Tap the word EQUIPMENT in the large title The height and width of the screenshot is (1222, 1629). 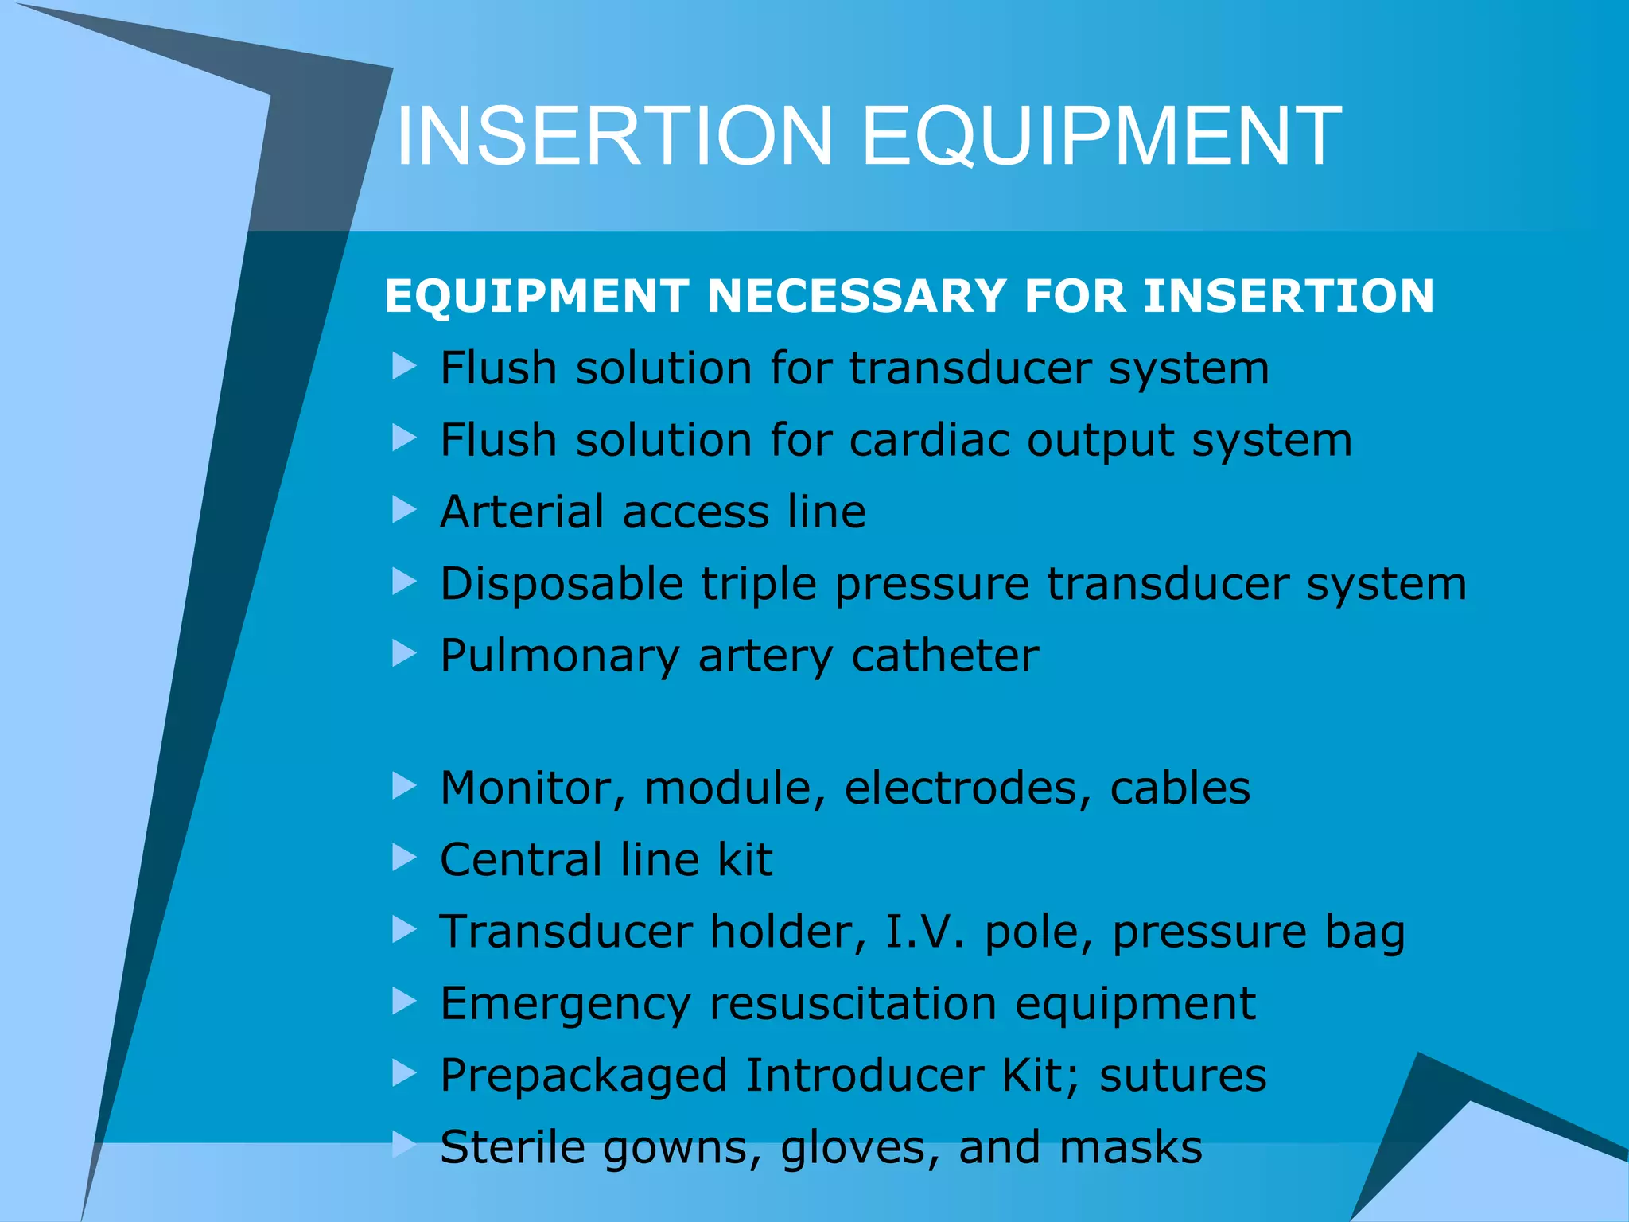coord(1102,136)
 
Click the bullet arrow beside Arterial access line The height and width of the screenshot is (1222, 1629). coord(404,510)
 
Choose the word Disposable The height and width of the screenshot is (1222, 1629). coord(562,585)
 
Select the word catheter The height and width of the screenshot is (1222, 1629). coord(944,656)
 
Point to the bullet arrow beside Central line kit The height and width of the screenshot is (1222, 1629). coord(404,858)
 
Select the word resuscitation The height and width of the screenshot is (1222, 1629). coord(853,1003)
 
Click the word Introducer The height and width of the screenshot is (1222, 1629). coord(864,1076)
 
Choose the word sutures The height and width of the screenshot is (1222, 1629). coord(1183,1076)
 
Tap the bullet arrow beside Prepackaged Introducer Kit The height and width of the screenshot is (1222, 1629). coord(404,1074)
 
